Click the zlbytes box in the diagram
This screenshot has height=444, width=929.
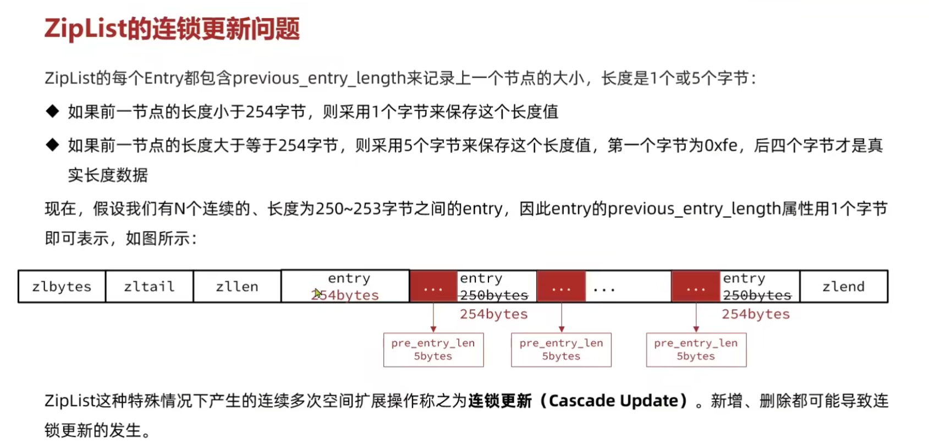(62, 286)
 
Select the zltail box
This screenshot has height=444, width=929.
(149, 286)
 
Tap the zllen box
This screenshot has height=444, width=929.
(237, 286)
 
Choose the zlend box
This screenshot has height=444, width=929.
(844, 286)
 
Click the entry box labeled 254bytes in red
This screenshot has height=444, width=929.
(345, 286)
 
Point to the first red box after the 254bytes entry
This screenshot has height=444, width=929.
(433, 286)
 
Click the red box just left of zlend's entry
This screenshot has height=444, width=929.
(695, 286)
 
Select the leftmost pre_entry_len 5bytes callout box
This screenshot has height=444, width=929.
(433, 350)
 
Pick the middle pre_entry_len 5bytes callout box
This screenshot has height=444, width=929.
(561, 350)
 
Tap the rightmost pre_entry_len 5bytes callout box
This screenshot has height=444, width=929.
(696, 350)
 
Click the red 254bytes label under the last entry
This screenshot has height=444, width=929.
(756, 314)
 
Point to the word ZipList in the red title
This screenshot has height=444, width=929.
(85, 29)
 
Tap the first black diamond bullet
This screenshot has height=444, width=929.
(53, 111)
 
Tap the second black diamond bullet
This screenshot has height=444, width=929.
(53, 145)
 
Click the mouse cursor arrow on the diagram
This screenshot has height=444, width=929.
(318, 293)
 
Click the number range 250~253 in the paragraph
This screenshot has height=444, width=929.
(348, 209)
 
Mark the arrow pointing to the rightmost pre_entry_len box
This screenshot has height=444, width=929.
(696, 317)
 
